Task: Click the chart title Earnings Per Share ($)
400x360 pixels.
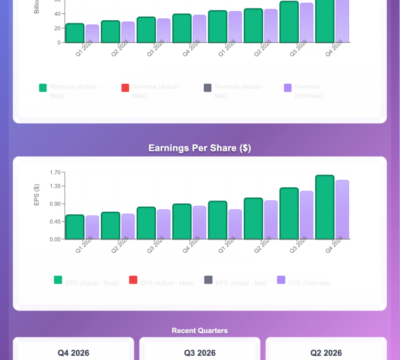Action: click(199, 148)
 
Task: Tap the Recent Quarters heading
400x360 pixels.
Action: click(199, 331)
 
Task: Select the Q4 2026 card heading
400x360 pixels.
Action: click(73, 353)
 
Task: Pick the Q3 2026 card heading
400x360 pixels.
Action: click(199, 353)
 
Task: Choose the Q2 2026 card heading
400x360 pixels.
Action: click(326, 353)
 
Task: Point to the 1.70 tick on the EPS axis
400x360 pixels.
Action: click(55, 172)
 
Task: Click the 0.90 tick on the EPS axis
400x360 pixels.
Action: click(55, 204)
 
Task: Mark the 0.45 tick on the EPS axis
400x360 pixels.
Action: click(55, 221)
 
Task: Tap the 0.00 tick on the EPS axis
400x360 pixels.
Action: click(55, 239)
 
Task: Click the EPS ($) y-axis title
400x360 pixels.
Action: click(37, 195)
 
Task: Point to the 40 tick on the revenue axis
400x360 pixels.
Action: click(57, 13)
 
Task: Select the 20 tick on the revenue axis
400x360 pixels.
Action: click(57, 28)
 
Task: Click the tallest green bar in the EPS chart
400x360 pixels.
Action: click(324, 207)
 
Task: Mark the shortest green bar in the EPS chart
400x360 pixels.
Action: click(75, 227)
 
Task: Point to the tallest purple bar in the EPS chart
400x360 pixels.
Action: click(342, 210)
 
